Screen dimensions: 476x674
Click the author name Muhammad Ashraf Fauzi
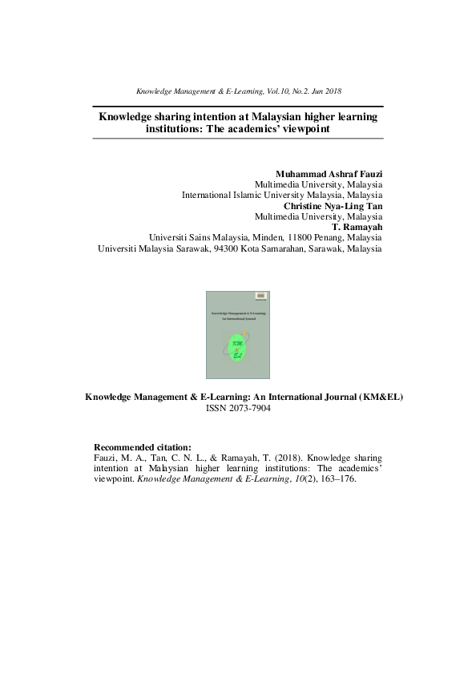329,174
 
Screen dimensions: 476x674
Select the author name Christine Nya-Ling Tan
333,205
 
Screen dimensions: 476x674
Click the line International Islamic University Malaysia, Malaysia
281,195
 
